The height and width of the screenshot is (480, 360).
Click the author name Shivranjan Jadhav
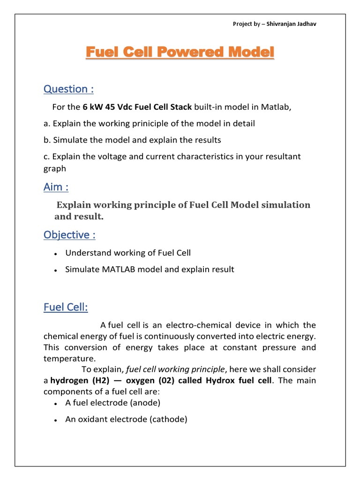(x=292, y=24)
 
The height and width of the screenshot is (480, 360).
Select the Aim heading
(x=56, y=187)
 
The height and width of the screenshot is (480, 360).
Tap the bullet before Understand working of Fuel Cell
(x=55, y=254)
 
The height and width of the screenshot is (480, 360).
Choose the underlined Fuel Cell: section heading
(x=66, y=307)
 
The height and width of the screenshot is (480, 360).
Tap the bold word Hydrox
(x=218, y=381)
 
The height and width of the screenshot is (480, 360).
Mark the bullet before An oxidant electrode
(x=55, y=420)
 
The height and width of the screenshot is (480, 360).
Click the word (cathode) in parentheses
(x=168, y=420)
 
